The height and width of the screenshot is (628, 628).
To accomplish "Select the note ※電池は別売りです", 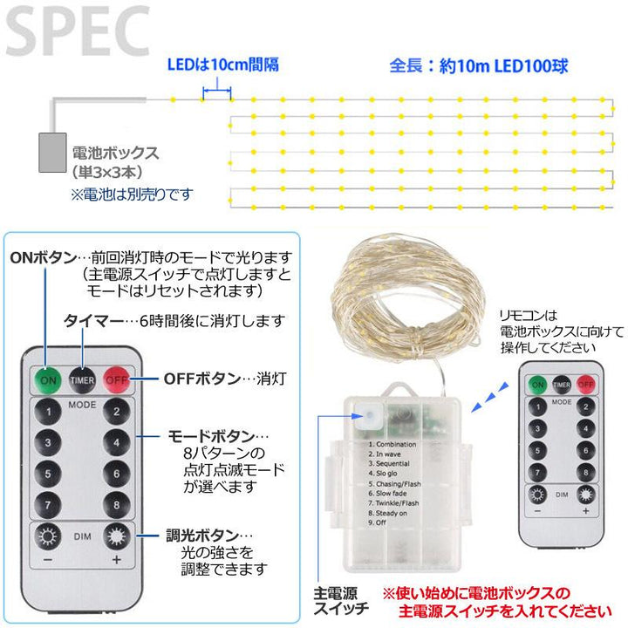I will (x=132, y=194).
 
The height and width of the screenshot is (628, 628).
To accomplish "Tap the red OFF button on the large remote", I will (x=116, y=380).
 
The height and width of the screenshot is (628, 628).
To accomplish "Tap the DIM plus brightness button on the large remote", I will (x=115, y=537).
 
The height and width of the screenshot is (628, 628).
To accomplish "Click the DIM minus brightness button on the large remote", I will (x=46, y=537).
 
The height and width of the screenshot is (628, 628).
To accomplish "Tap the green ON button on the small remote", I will (x=538, y=383).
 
